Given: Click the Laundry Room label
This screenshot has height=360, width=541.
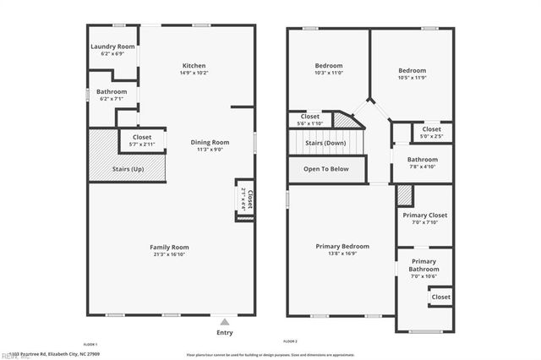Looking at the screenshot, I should click(x=112, y=46).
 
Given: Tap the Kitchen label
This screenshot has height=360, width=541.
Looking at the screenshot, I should click(x=194, y=66).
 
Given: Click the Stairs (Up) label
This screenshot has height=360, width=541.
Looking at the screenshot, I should click(x=128, y=170).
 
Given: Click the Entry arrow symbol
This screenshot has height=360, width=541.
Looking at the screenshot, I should click(x=224, y=322).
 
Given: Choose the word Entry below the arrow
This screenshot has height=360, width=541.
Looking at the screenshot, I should click(x=224, y=332).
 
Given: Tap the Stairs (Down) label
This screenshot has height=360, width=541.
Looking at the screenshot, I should click(x=325, y=143).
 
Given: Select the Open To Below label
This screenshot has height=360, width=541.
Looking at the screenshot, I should click(x=326, y=169).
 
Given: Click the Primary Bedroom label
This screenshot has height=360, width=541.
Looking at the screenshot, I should click(x=342, y=246).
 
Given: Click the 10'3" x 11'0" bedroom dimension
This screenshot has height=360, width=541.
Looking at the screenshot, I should click(x=329, y=74).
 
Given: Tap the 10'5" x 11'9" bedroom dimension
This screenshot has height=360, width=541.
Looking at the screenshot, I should click(x=413, y=79).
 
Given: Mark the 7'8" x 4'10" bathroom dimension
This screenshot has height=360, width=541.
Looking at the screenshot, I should click(x=423, y=166).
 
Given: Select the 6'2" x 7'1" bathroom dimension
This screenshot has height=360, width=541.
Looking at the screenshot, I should click(x=112, y=99).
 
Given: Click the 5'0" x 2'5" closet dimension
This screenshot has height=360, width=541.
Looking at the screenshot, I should click(x=432, y=136).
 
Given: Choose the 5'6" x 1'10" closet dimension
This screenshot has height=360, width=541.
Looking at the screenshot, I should click(x=309, y=124).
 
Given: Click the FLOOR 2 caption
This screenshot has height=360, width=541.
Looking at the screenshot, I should click(x=290, y=340).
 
